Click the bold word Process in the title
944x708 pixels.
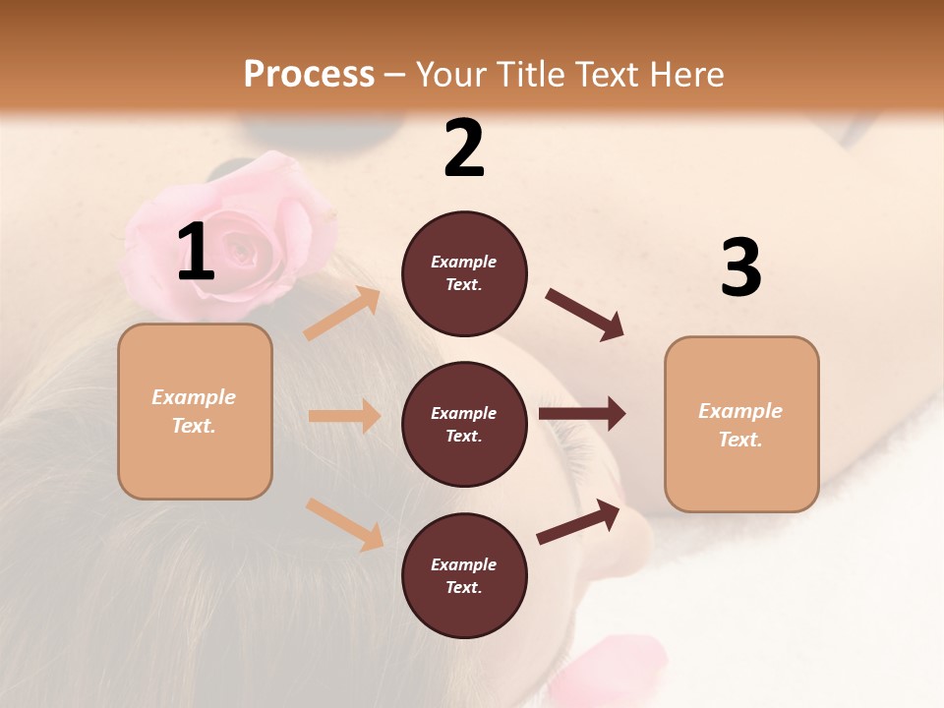(x=309, y=74)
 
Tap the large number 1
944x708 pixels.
(x=196, y=253)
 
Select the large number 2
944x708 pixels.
(x=464, y=148)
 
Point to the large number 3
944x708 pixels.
(x=740, y=268)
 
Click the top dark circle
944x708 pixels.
(x=464, y=273)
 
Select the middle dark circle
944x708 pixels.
(x=464, y=425)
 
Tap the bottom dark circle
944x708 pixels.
(x=464, y=576)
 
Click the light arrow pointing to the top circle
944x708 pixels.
(x=342, y=313)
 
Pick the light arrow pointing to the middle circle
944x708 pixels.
(x=344, y=416)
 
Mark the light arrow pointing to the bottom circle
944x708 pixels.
(x=344, y=523)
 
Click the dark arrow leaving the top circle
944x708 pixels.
(x=585, y=315)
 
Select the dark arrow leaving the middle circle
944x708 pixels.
(x=581, y=414)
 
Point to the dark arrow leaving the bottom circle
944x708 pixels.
(x=578, y=521)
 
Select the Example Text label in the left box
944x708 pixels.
(x=194, y=411)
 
